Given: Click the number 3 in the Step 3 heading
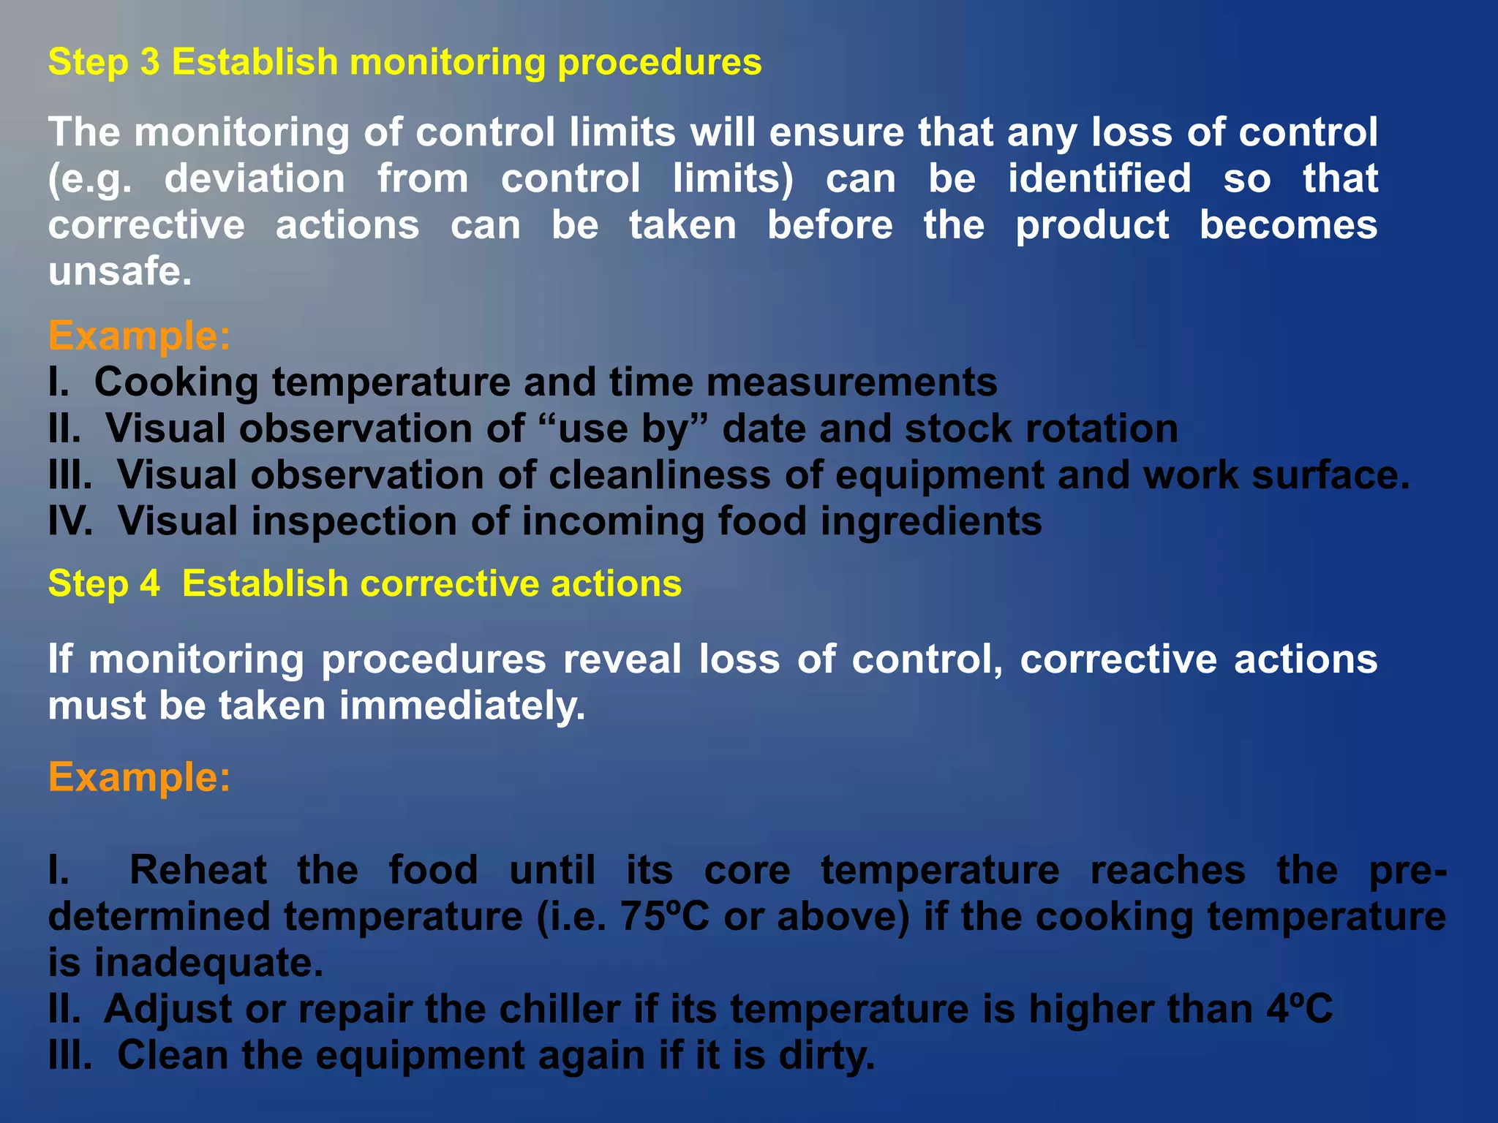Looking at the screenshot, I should click(x=149, y=62).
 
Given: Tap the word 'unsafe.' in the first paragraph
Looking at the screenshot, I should click(x=120, y=272).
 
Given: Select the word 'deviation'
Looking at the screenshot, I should click(x=255, y=179).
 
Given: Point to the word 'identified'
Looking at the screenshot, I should click(x=1099, y=179).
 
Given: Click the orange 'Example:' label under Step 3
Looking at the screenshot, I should click(x=139, y=336).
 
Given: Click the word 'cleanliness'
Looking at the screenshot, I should click(x=660, y=475).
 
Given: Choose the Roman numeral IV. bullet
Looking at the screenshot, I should click(x=70, y=522).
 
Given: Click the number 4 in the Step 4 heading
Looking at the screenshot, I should click(x=149, y=584).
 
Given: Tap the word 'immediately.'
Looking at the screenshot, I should click(x=462, y=706).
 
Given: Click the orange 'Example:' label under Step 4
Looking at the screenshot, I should click(x=139, y=776).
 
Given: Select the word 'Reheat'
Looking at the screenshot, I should click(x=197, y=870).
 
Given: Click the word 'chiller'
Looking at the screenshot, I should click(x=560, y=1010).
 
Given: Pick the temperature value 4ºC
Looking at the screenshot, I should click(x=1300, y=1010).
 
